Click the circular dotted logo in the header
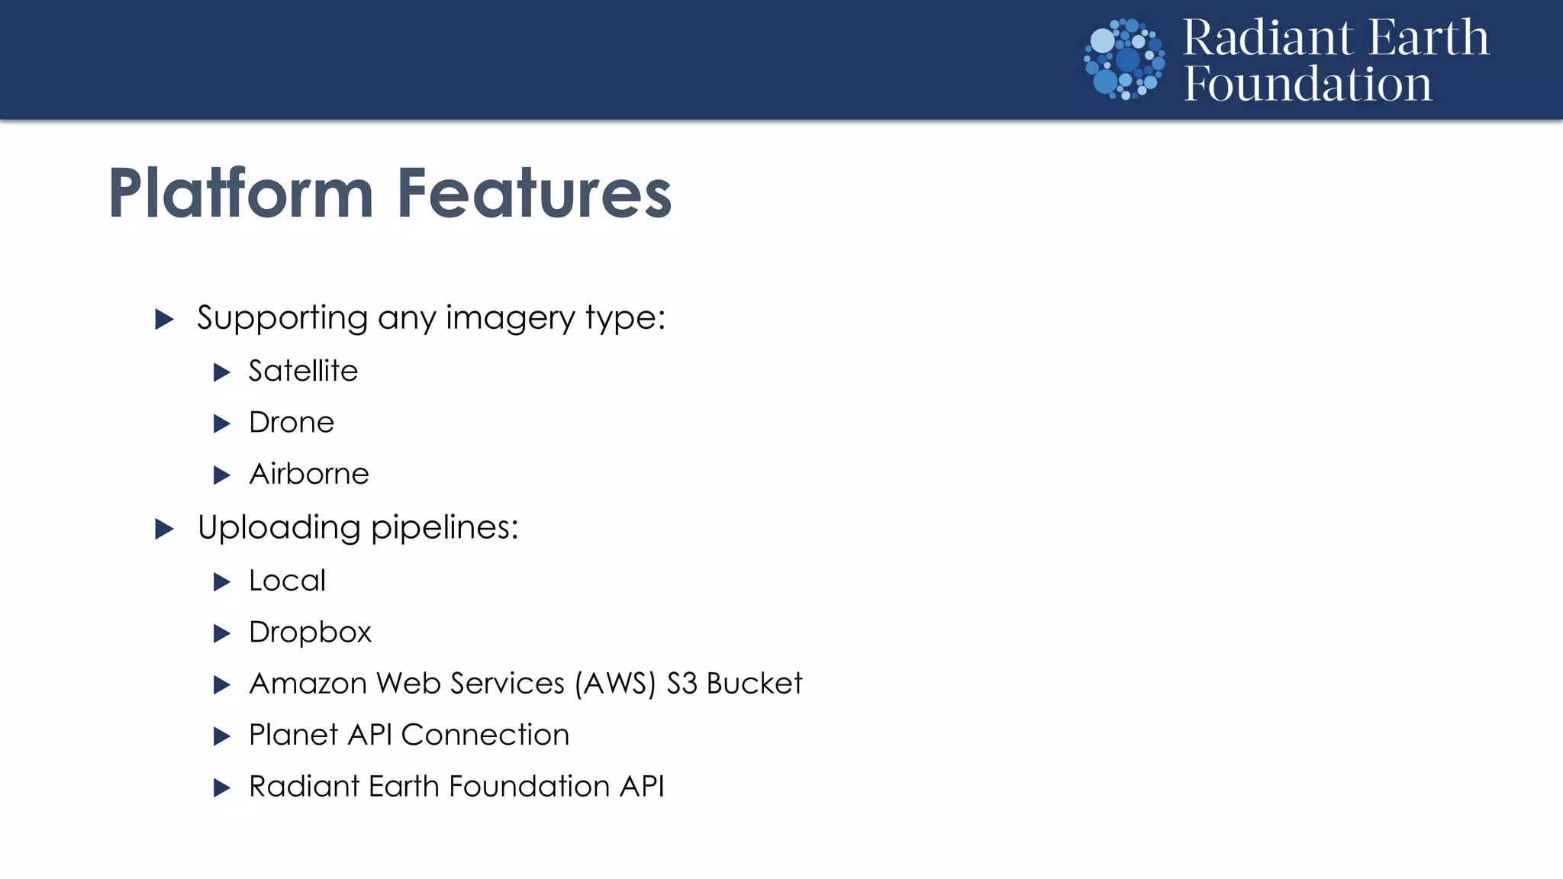coord(1124,60)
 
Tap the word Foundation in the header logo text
coord(1307,84)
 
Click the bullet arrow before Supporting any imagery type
coord(164,319)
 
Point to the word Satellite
coord(303,371)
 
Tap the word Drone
coord(292,423)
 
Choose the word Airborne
coord(309,474)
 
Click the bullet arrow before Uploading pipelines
coord(164,529)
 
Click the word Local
coord(287,581)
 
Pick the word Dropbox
coord(310,633)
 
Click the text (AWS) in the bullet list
coord(615,684)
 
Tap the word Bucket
coord(754,684)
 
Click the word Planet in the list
coord(293,735)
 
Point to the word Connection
coord(485,735)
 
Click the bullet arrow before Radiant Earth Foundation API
coord(221,787)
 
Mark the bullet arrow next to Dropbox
coord(221,633)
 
